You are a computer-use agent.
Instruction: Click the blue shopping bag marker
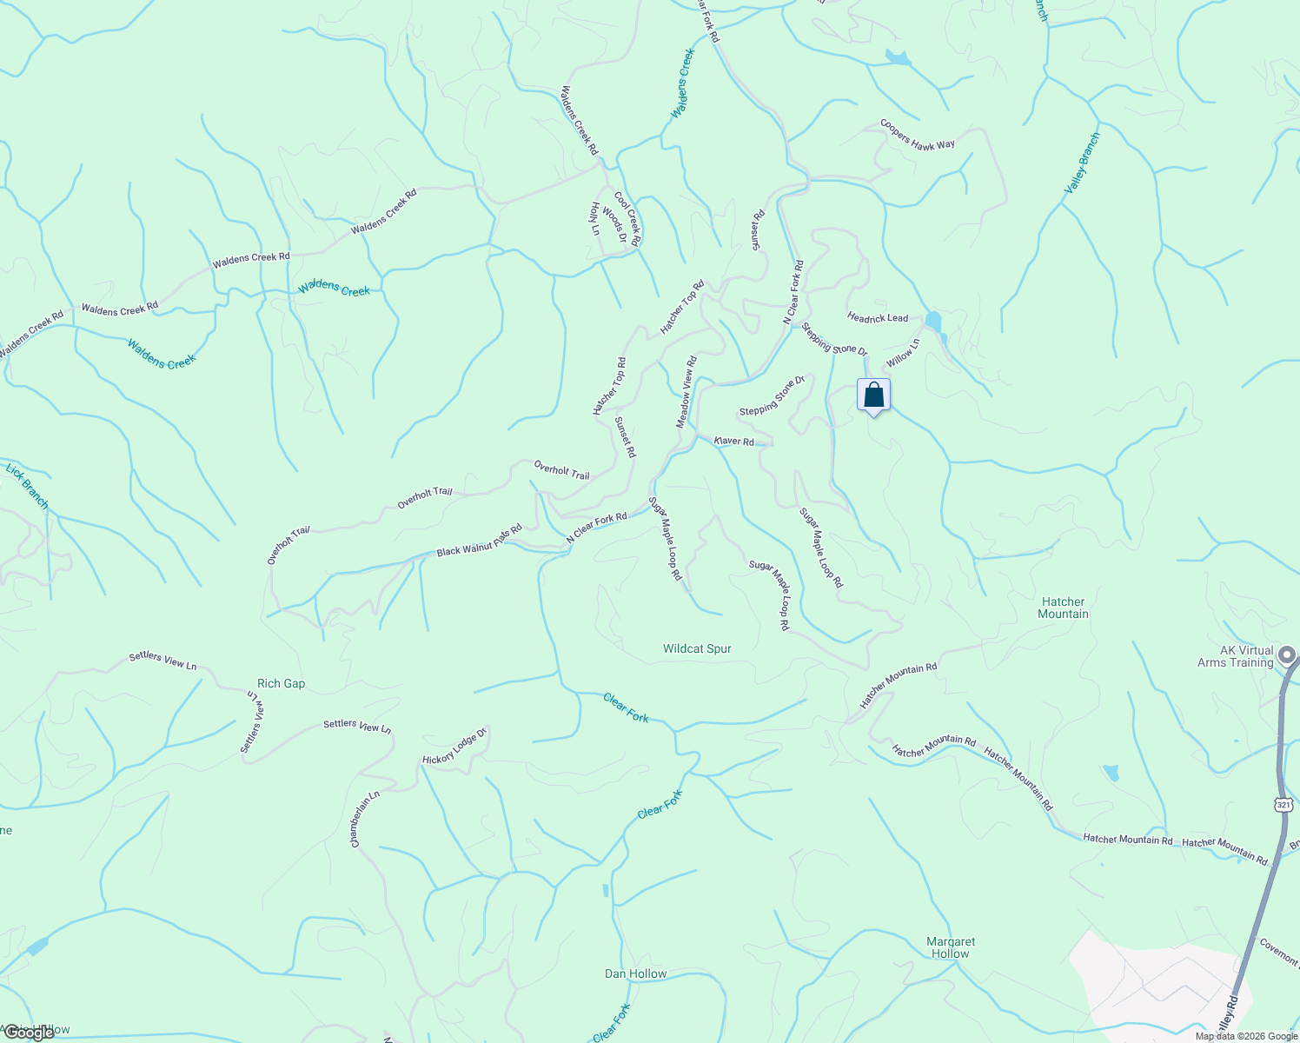[874, 395]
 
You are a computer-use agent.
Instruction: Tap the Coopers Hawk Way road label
[917, 135]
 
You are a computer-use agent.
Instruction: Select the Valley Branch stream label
[1082, 163]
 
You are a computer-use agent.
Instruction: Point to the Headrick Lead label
[878, 318]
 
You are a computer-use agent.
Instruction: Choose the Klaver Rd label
[734, 441]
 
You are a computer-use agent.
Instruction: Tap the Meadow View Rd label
[686, 392]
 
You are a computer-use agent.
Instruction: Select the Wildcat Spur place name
[697, 648]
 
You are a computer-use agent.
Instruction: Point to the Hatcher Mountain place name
[1063, 608]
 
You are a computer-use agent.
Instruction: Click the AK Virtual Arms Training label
[1235, 656]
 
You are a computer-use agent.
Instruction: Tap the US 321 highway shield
[1283, 805]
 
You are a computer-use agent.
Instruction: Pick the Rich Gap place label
[281, 683]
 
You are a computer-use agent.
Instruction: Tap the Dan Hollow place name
[635, 973]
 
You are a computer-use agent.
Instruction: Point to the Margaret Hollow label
[951, 947]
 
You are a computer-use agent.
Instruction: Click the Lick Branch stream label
[27, 486]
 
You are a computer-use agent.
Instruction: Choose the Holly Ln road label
[595, 219]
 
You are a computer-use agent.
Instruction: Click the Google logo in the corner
[30, 1033]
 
